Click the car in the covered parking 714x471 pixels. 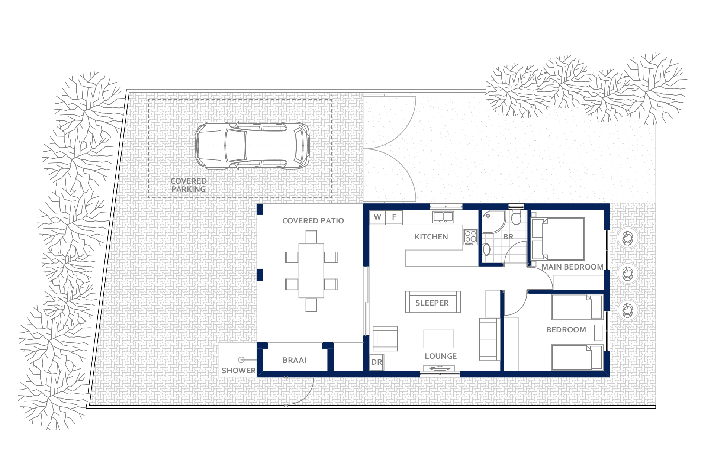coord(253,145)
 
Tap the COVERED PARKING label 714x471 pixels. coord(189,185)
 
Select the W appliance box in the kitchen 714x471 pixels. coord(377,217)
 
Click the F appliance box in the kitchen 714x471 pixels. coord(394,217)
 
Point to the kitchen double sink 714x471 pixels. coord(443,217)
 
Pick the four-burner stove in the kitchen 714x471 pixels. coord(470,237)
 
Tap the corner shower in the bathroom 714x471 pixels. coord(493,222)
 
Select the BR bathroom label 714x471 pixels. coord(508,237)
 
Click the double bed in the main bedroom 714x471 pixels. coord(558,239)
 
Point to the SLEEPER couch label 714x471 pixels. coord(432,303)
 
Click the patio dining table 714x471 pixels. coord(311,271)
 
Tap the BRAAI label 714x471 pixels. coord(295,360)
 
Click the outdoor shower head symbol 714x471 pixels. coord(241,360)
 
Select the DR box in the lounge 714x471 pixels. coord(377,362)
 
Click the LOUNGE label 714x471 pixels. coord(441,356)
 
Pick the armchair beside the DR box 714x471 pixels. coord(385,339)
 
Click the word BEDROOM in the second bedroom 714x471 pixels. coord(566,330)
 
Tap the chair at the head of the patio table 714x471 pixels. coord(311,237)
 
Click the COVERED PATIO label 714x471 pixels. coord(313,221)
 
